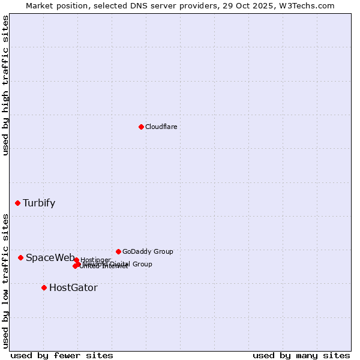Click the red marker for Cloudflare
tap(141, 127)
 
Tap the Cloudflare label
tap(161, 127)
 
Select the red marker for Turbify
tap(17, 203)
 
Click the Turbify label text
tap(39, 203)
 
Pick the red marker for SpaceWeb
tap(20, 257)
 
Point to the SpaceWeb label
tap(50, 257)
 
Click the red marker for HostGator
tap(44, 287)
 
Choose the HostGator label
tap(73, 287)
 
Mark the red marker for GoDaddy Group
tap(118, 251)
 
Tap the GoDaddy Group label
tap(148, 251)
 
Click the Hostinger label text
tap(96, 260)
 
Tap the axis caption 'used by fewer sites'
tap(62, 355)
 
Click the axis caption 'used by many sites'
tap(301, 355)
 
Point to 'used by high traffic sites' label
tap(5, 85)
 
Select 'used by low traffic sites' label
tap(5, 280)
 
